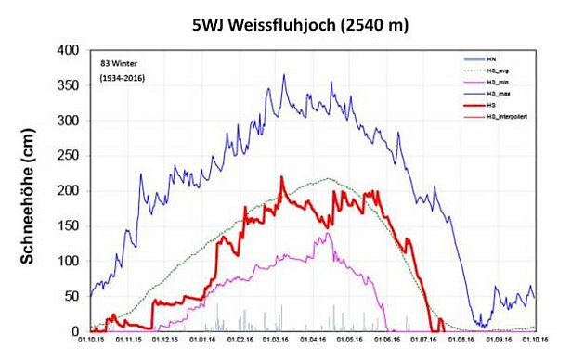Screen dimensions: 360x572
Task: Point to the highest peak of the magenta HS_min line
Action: tap(326, 233)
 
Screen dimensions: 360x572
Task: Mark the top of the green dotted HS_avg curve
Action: tap(330, 178)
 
